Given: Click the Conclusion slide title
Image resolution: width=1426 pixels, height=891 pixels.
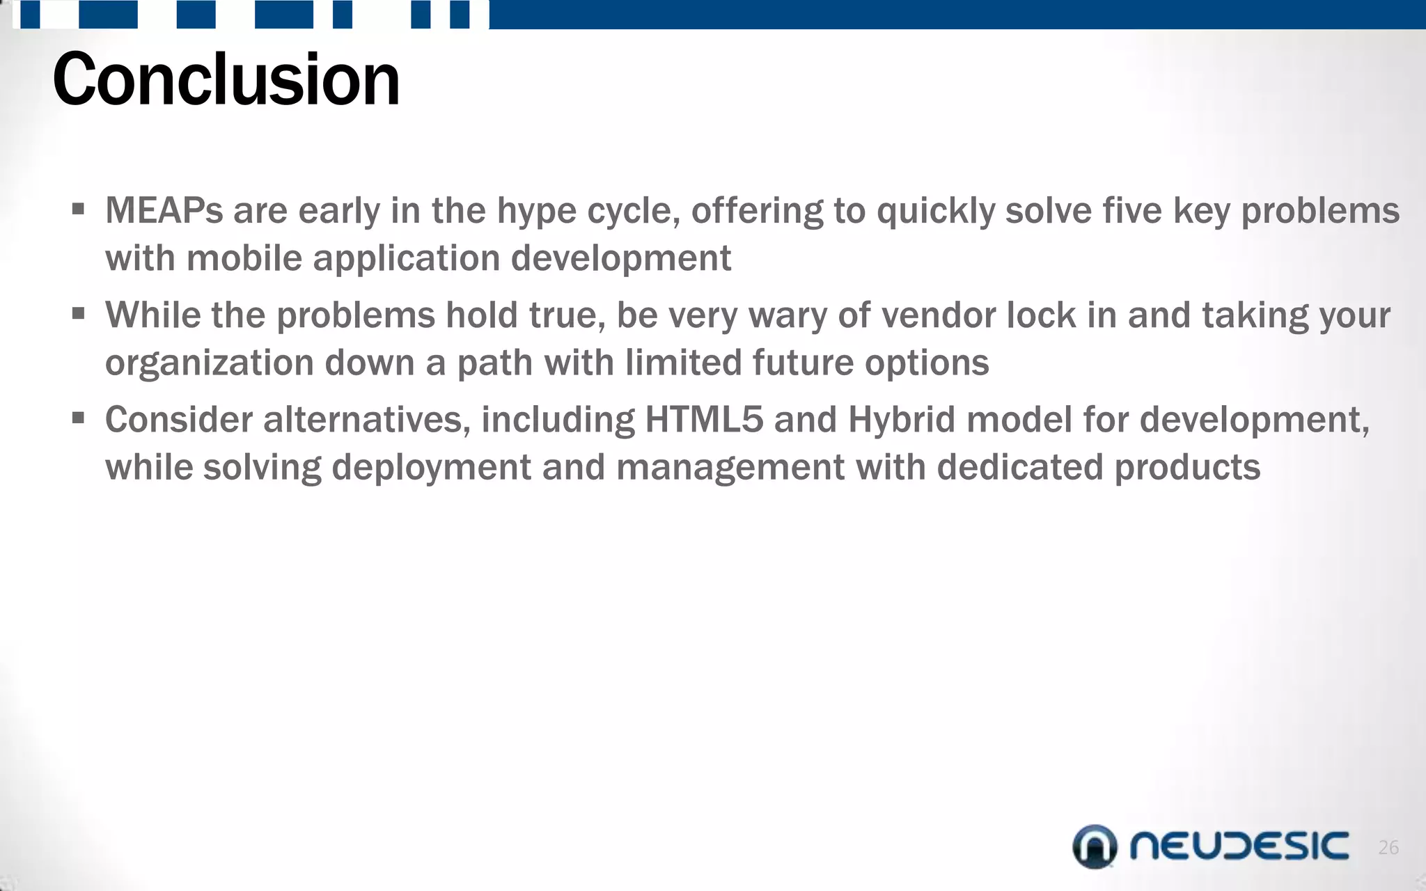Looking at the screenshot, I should (x=226, y=80).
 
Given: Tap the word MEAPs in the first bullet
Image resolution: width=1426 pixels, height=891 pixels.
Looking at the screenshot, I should (x=164, y=210).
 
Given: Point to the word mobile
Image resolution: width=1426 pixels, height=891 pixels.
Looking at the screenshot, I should (x=244, y=258).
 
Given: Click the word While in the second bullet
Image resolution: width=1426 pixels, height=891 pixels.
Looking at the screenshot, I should (x=152, y=315).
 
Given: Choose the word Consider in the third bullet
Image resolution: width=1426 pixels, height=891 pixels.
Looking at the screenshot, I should (x=178, y=420).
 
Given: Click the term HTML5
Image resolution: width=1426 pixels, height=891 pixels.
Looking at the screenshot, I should (x=704, y=420).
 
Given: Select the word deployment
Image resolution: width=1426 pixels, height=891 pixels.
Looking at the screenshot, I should (x=431, y=468).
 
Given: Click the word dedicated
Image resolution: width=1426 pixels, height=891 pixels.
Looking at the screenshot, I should (x=1020, y=467).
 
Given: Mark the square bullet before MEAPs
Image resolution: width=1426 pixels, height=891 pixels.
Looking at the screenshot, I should (x=78, y=209).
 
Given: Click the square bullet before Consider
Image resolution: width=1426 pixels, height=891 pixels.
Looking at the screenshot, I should (x=78, y=418).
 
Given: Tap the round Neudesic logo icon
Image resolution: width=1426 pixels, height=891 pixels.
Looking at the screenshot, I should (x=1095, y=846).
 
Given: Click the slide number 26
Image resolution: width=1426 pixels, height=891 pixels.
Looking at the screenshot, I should (x=1388, y=847).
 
